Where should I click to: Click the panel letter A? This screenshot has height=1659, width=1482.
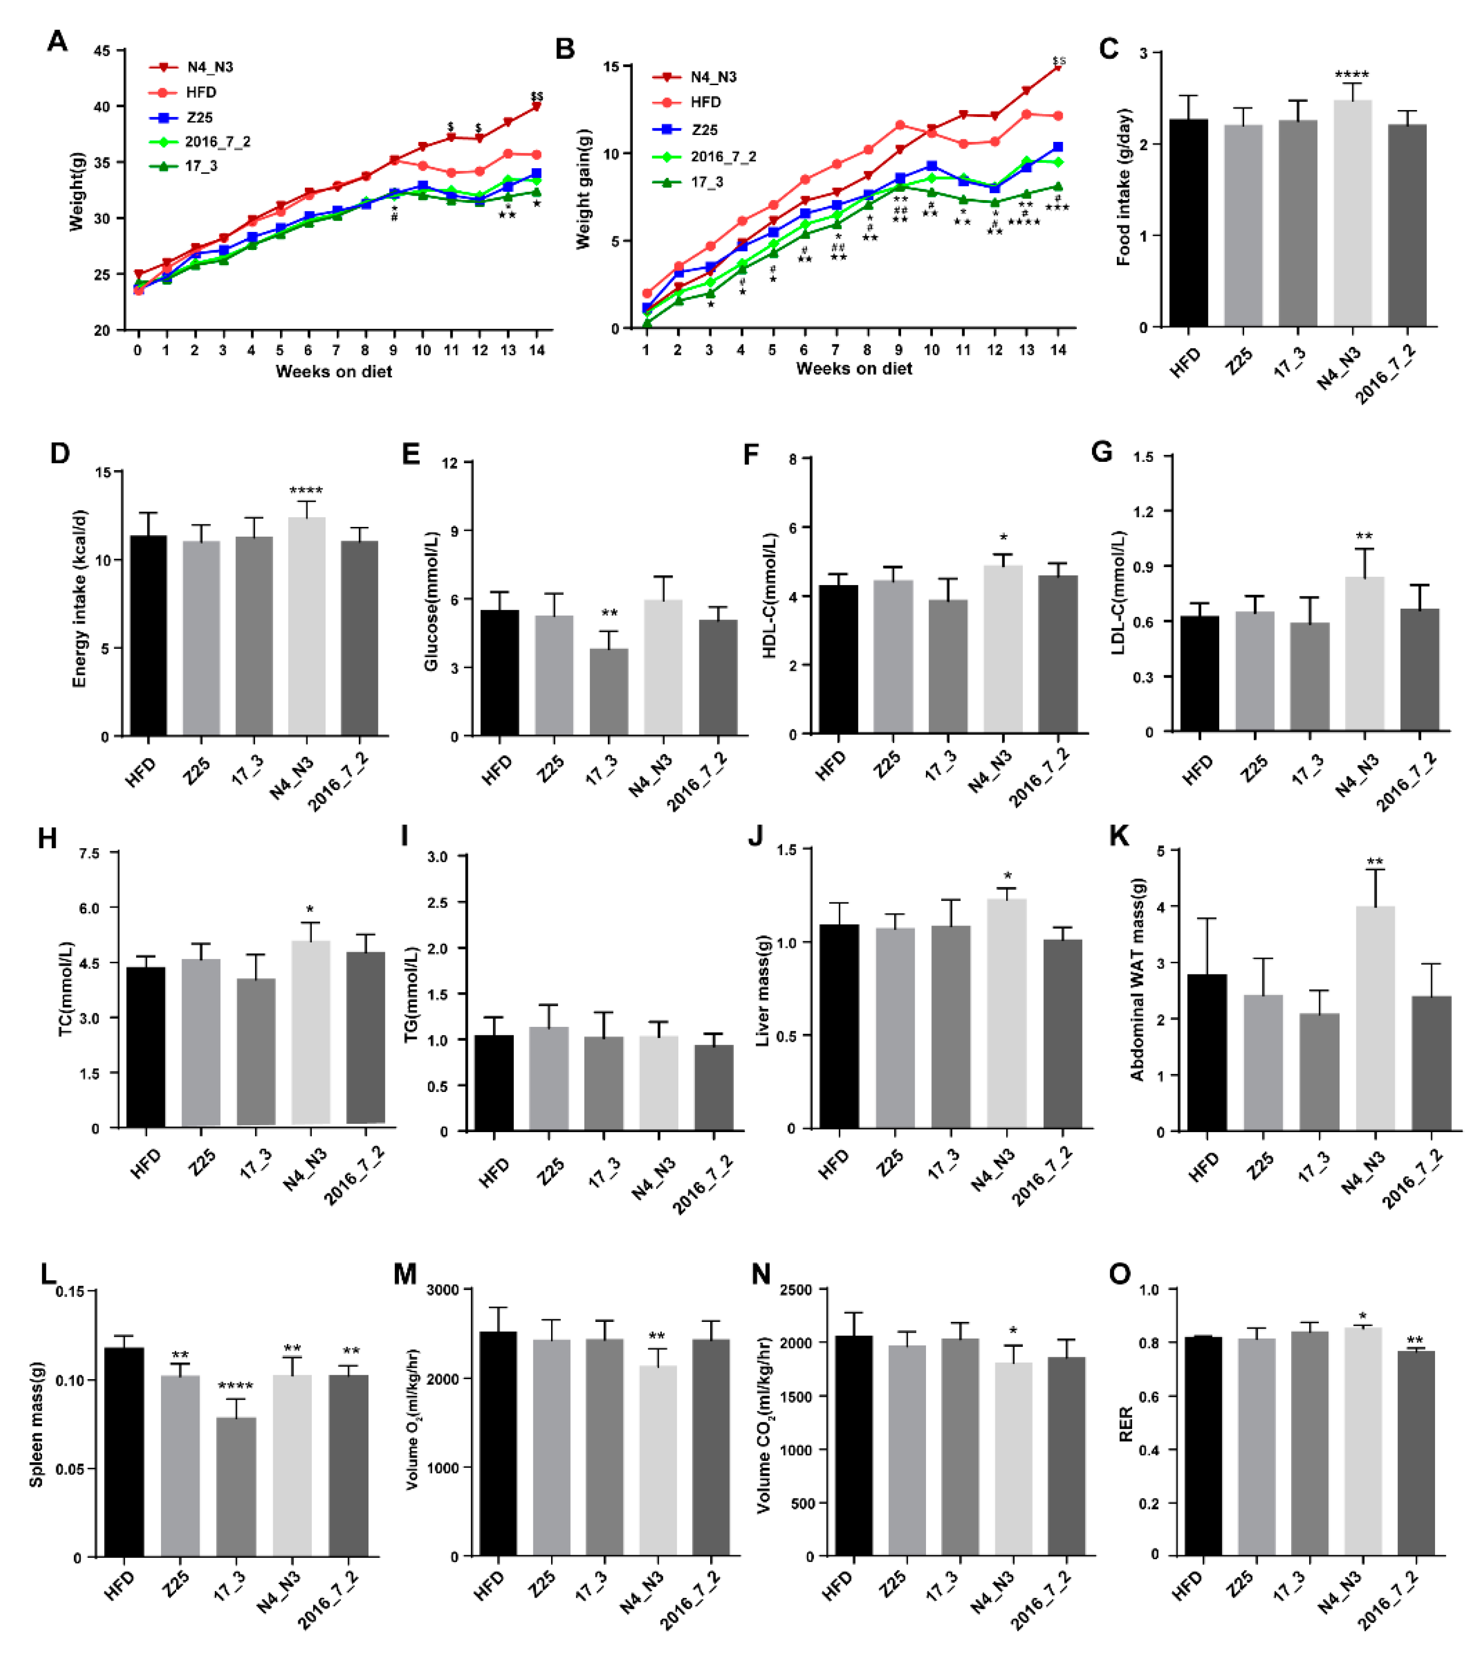click(57, 41)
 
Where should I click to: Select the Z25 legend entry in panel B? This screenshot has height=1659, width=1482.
click(703, 130)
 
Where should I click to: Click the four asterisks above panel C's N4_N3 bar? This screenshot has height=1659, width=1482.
click(1352, 75)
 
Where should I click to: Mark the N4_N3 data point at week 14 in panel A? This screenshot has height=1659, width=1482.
click(536, 106)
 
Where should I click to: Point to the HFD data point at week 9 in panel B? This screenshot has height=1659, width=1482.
click(900, 125)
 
